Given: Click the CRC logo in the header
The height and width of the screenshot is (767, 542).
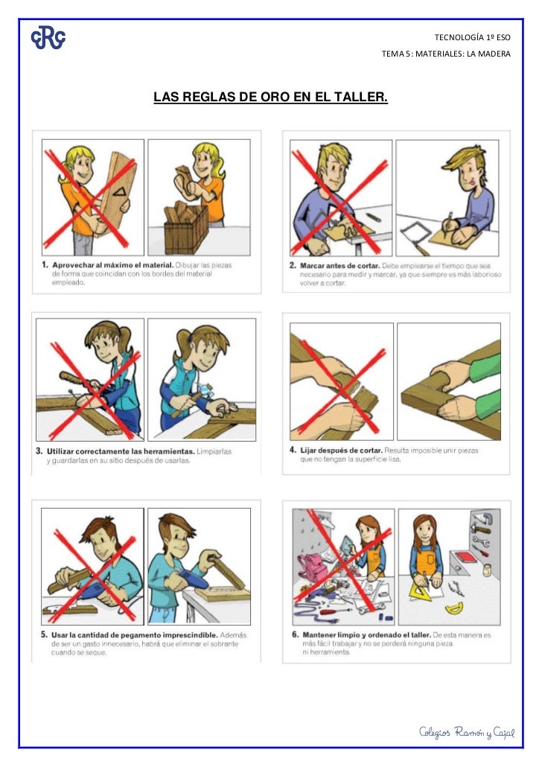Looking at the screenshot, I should click(48, 38).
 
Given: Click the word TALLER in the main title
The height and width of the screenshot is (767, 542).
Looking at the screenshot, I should click(360, 98).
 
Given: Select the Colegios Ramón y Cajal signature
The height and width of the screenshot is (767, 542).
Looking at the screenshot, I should click(467, 733).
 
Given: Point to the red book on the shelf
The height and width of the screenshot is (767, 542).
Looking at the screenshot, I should click(471, 558).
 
